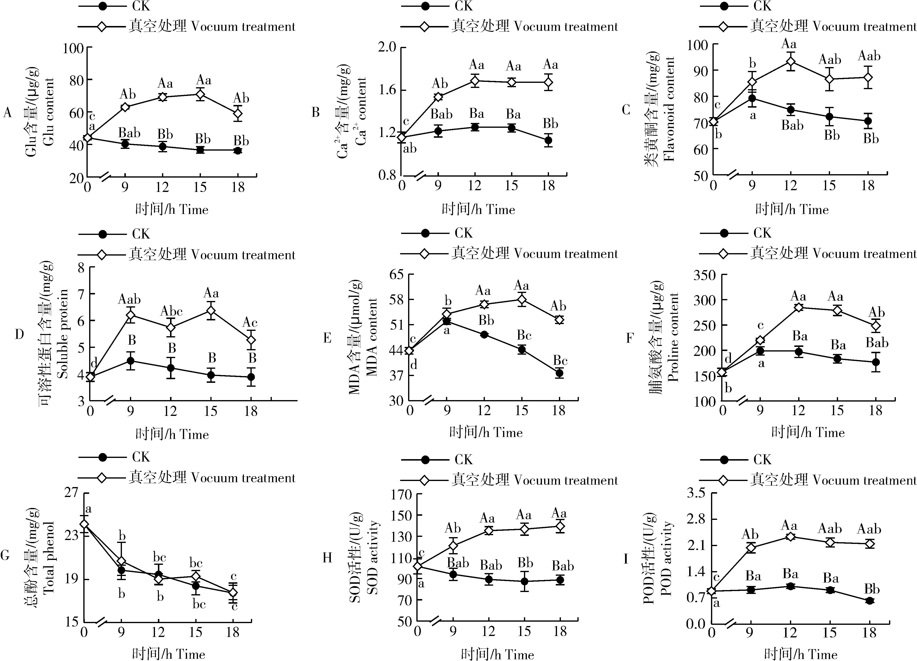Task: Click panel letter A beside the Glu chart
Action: (x=7, y=112)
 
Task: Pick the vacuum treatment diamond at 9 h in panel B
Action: (x=438, y=97)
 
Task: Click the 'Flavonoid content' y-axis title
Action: (x=669, y=109)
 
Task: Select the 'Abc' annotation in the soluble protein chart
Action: (x=171, y=311)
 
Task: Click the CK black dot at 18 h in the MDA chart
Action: (x=559, y=373)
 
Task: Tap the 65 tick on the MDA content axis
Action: (x=396, y=275)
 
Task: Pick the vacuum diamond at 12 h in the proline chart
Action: (x=798, y=307)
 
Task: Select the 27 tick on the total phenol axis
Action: (x=72, y=493)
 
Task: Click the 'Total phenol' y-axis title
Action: (x=49, y=558)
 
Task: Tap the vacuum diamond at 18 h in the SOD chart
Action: (x=560, y=526)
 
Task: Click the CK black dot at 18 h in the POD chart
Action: (x=869, y=601)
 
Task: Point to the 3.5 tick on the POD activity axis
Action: (x=695, y=493)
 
